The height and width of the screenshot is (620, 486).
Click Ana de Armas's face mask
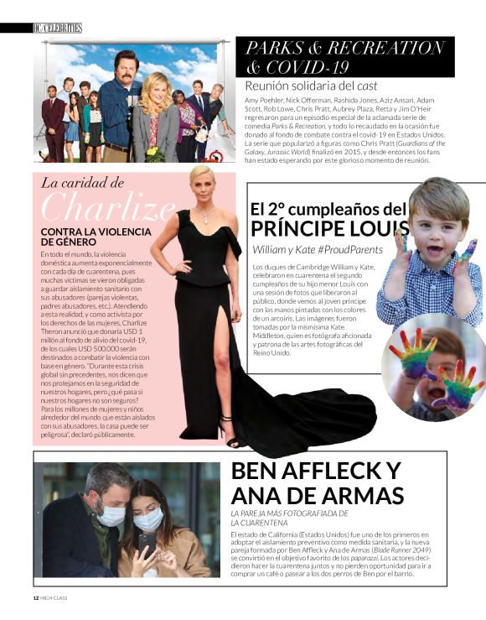point(148,520)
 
